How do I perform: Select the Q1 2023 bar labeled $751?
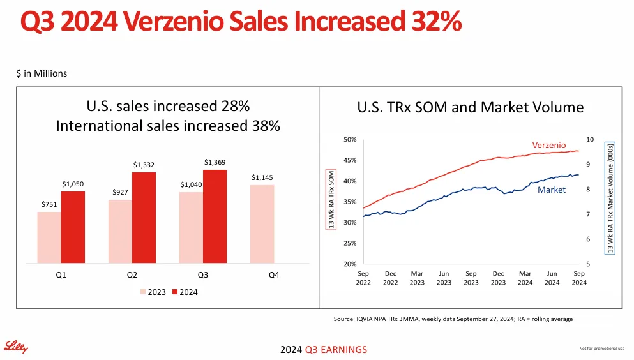tap(49, 237)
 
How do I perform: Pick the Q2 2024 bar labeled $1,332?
tap(144, 218)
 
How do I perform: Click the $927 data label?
tap(120, 191)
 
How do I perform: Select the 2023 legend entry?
tap(153, 292)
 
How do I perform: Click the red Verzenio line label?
tap(549, 146)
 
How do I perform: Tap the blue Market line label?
tap(551, 190)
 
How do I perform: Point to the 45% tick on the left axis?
tap(350, 160)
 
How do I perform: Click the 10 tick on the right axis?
tap(589, 139)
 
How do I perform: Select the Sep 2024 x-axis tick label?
tap(578, 278)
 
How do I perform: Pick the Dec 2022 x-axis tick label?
tap(390, 278)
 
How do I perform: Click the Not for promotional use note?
tap(601, 348)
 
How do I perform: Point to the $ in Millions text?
tap(42, 73)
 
